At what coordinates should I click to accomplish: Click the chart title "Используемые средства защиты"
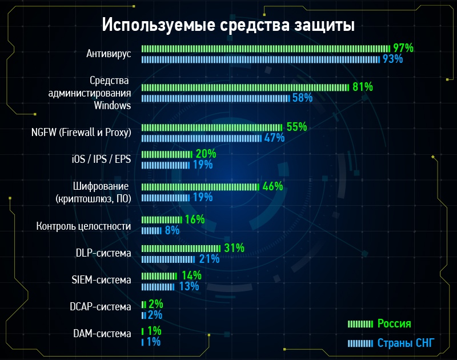click(228, 26)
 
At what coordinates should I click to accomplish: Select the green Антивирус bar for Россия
click(266, 49)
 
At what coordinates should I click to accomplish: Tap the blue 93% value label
click(392, 59)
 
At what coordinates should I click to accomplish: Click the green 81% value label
click(363, 87)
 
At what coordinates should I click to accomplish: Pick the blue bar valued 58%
click(215, 98)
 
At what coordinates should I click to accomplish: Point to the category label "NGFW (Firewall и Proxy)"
click(81, 132)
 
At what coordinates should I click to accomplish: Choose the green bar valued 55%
click(211, 127)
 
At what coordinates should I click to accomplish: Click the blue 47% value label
click(274, 138)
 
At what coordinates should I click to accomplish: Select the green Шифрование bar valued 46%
click(199, 186)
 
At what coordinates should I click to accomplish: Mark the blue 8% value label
click(172, 230)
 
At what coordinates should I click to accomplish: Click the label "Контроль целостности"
click(83, 226)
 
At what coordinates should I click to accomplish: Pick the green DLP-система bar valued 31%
click(181, 248)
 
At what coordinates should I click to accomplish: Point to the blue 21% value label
click(210, 259)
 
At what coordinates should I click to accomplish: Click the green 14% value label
click(191, 275)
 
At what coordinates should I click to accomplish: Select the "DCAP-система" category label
click(101, 307)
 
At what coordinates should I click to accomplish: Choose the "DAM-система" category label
click(102, 333)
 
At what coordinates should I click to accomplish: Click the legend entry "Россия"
click(394, 323)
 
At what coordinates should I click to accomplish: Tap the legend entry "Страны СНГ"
click(406, 343)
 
